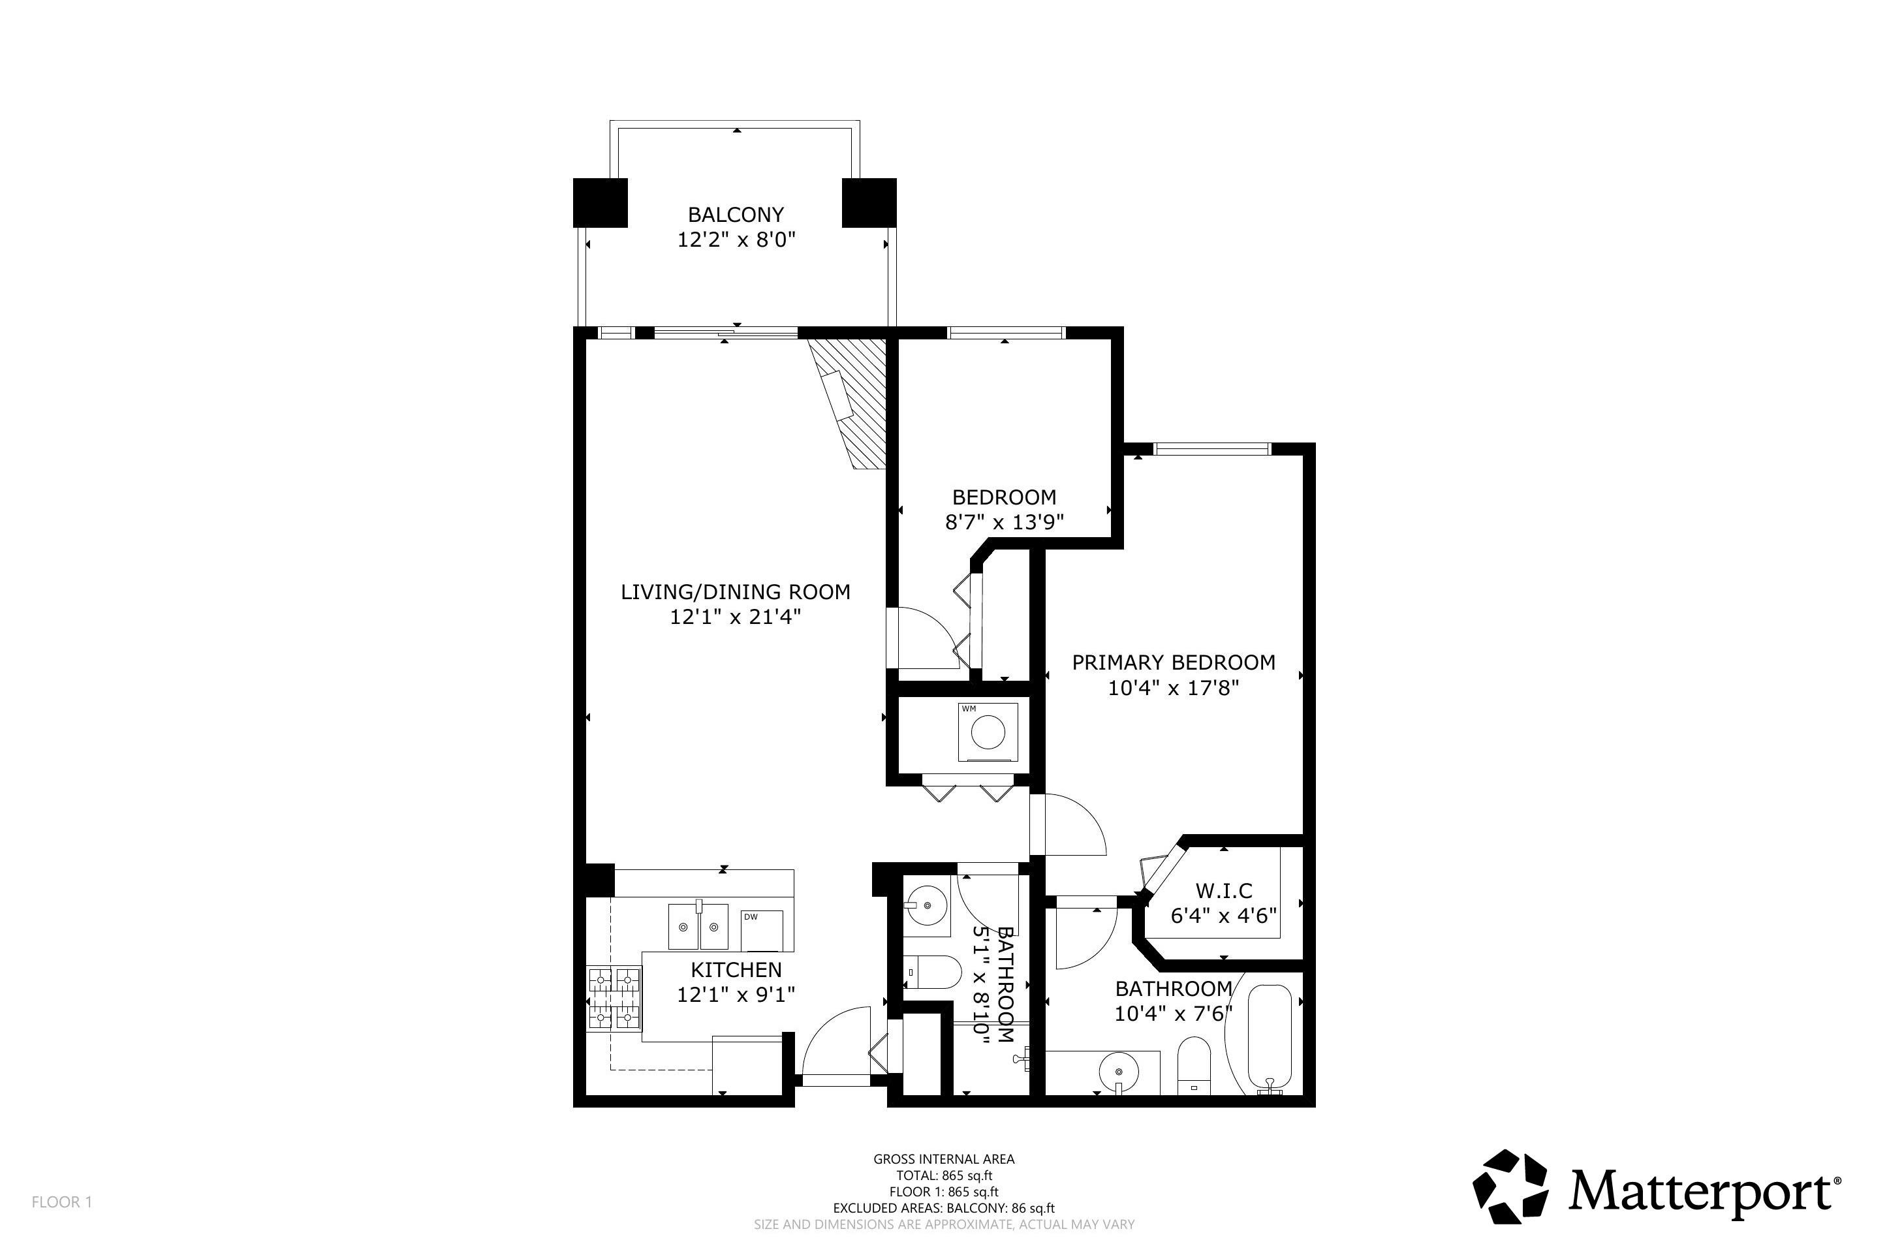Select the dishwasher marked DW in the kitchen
pos(761,930)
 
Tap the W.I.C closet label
pos(1223,890)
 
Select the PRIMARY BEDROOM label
pos(1173,662)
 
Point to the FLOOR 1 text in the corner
pos(62,1202)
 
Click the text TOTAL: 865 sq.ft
pos(943,1175)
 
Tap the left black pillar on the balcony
pos(600,202)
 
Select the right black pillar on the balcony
pos(869,202)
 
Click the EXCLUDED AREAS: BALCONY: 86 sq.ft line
pos(943,1208)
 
